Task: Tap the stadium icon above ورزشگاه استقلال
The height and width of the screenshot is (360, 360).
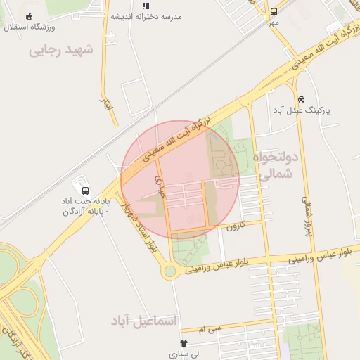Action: (x=29, y=15)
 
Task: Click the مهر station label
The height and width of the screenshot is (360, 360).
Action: (x=273, y=22)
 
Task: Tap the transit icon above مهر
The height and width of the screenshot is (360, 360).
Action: (x=274, y=11)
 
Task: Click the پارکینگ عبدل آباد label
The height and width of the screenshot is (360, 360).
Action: (x=303, y=110)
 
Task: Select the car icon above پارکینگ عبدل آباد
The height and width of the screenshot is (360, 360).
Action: (x=302, y=99)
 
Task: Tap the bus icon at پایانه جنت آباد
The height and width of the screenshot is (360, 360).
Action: (x=85, y=191)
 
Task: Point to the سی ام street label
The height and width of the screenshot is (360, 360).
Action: (x=210, y=328)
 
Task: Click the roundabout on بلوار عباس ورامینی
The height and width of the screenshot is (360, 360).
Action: (x=169, y=271)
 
